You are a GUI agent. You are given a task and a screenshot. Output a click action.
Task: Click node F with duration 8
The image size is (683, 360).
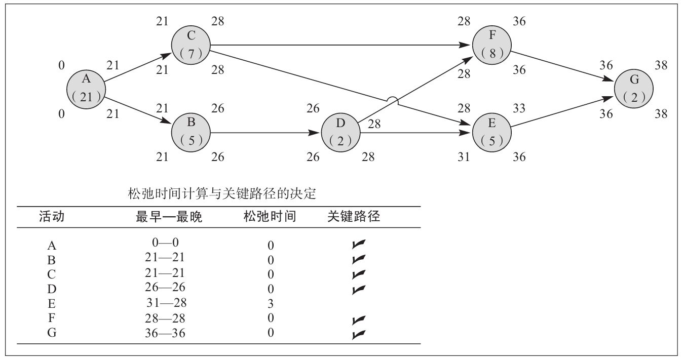click(491, 45)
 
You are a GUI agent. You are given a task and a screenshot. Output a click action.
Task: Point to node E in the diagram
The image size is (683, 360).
click(491, 133)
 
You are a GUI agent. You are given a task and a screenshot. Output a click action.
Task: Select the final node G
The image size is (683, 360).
click(634, 89)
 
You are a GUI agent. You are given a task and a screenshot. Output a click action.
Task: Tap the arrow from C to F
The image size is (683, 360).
click(339, 45)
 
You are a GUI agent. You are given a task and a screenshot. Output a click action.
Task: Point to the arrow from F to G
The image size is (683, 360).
click(562, 66)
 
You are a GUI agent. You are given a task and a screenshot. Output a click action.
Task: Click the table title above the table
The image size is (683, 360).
click(223, 194)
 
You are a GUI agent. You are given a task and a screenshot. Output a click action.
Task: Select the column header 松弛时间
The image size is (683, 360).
click(270, 217)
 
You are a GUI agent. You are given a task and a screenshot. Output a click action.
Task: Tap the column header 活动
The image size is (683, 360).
click(52, 217)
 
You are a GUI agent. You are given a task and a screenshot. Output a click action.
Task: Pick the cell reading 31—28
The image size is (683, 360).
click(165, 303)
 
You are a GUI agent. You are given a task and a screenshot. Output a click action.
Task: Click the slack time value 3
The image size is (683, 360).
click(271, 304)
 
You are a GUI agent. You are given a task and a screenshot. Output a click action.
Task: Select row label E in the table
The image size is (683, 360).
click(51, 304)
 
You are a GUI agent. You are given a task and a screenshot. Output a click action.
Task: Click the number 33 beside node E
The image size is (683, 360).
click(519, 108)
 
